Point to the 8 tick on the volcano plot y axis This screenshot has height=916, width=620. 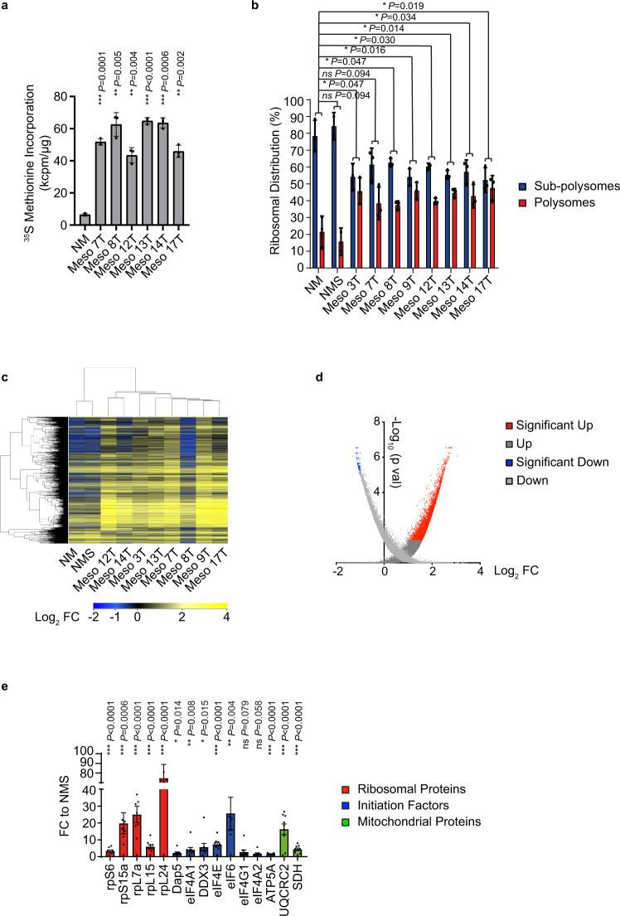377,423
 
